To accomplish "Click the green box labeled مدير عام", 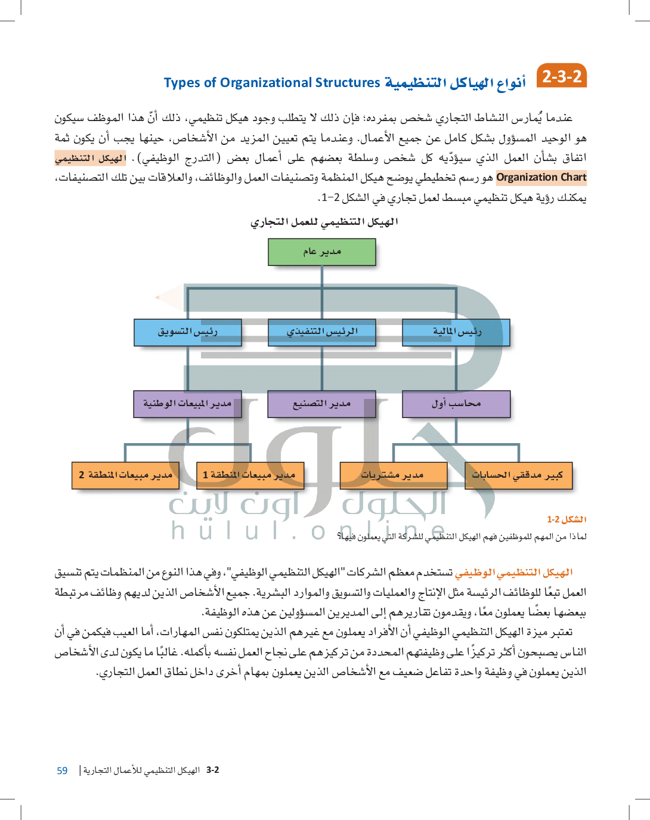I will pyautogui.click(x=322, y=252).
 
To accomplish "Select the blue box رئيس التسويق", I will pyautogui.click(x=188, y=332).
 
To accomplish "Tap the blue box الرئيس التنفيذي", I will pyautogui.click(x=322, y=332).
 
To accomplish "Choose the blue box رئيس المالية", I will pyautogui.click(x=456, y=332).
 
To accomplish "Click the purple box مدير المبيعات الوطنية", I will pyautogui.click(x=188, y=404).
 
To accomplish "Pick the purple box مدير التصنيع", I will pyautogui.click(x=322, y=404).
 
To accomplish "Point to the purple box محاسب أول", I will pyautogui.click(x=456, y=404).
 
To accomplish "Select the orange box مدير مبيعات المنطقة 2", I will pyautogui.click(x=125, y=475).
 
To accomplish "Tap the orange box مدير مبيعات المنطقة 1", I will pyautogui.click(x=250, y=475).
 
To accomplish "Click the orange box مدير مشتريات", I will pyautogui.click(x=393, y=475).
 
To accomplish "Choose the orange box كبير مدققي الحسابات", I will pyautogui.click(x=518, y=475).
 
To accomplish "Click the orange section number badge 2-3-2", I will pyautogui.click(x=562, y=76).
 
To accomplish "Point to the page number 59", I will pyautogui.click(x=62, y=771).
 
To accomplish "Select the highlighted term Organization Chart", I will pyautogui.click(x=541, y=177).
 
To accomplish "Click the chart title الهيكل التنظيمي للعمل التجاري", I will pyautogui.click(x=324, y=222).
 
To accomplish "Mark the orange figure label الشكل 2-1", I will pyautogui.click(x=567, y=519).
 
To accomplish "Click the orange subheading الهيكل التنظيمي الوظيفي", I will pyautogui.click(x=513, y=573).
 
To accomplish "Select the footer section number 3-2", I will pyautogui.click(x=212, y=770).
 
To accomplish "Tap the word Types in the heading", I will pyautogui.click(x=182, y=83).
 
